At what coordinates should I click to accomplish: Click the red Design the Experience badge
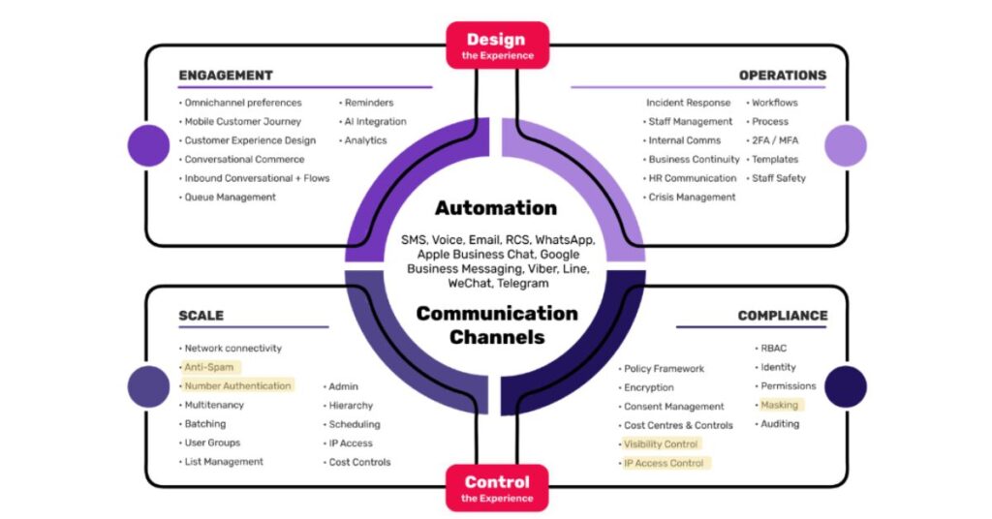pyautogui.click(x=496, y=46)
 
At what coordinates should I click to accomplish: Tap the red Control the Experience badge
pyautogui.click(x=496, y=487)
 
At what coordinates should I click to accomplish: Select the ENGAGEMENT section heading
pyautogui.click(x=226, y=76)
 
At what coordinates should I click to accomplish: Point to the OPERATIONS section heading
pyautogui.click(x=782, y=76)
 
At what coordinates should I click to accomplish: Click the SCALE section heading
pyautogui.click(x=201, y=316)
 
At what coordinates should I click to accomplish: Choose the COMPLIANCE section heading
pyautogui.click(x=782, y=316)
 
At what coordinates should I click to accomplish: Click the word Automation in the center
pyautogui.click(x=496, y=208)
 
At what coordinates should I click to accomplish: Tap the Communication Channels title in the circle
pyautogui.click(x=496, y=325)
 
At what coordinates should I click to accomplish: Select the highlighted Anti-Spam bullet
pyautogui.click(x=209, y=367)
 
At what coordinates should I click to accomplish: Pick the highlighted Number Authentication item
pyautogui.click(x=237, y=385)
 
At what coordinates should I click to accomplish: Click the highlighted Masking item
pyautogui.click(x=779, y=405)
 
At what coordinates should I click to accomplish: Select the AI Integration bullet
pyautogui.click(x=375, y=122)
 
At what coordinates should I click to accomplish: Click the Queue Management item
pyautogui.click(x=230, y=198)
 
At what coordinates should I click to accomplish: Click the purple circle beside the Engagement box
pyautogui.click(x=148, y=145)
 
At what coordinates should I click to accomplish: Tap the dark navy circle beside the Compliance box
pyautogui.click(x=845, y=386)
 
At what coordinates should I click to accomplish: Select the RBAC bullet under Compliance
pyautogui.click(x=775, y=349)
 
